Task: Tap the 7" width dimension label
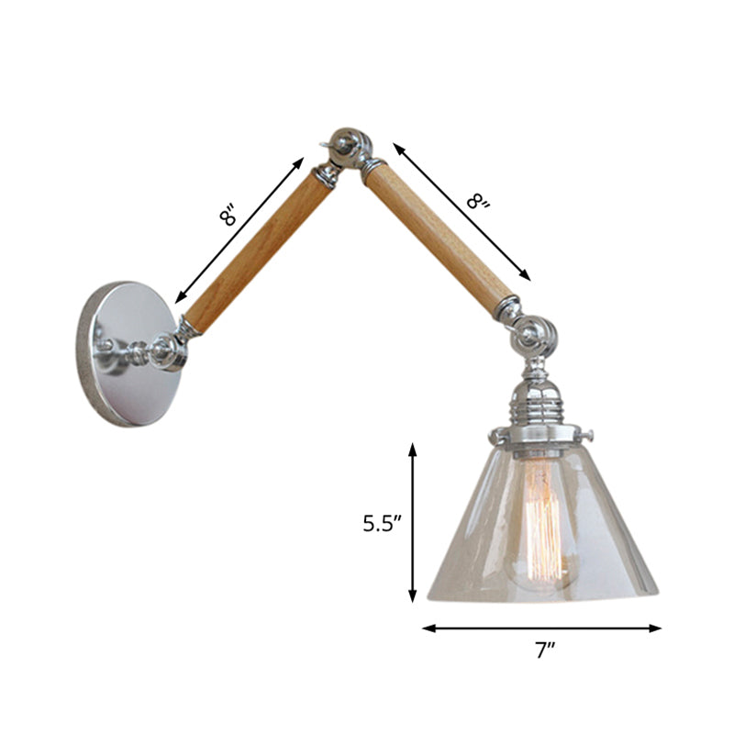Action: pyautogui.click(x=547, y=652)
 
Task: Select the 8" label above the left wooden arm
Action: pyautogui.click(x=228, y=217)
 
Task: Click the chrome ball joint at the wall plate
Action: pyautogui.click(x=168, y=350)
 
